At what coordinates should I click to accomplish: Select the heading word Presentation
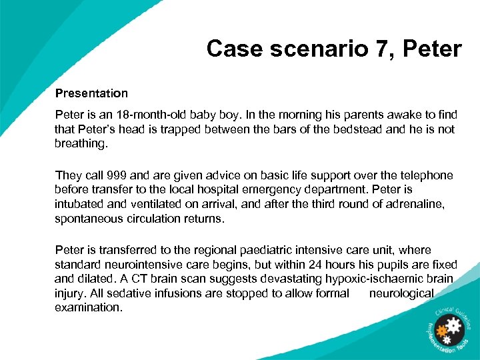pyautogui.click(x=91, y=93)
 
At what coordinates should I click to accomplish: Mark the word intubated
pyautogui.click(x=83, y=203)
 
